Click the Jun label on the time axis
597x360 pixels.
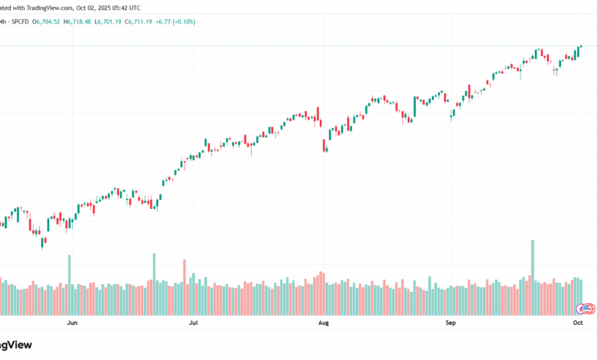[73, 324]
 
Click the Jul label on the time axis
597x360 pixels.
[194, 324]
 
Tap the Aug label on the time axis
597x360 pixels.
[324, 324]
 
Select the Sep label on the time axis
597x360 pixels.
[451, 324]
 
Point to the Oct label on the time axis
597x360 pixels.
[578, 324]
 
